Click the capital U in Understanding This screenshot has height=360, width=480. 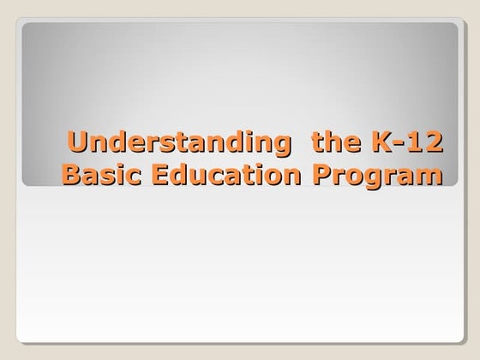(x=77, y=141)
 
